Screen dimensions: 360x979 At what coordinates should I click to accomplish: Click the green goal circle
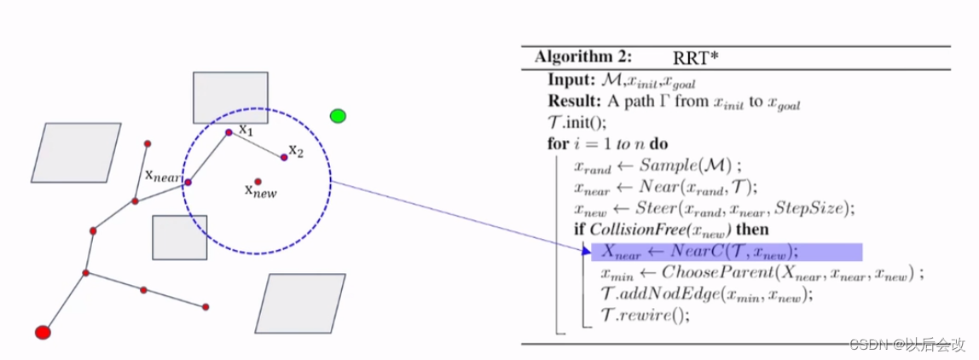tap(338, 115)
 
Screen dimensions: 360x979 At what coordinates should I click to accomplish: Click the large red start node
tap(43, 332)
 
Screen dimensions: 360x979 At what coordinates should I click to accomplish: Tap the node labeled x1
tap(229, 132)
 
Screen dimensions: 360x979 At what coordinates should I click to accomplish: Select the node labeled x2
tap(284, 157)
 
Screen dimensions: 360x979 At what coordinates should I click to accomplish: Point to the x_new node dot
tap(258, 181)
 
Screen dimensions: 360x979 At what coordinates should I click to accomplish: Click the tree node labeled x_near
tap(188, 182)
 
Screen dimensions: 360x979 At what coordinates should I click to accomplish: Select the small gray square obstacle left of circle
tap(179, 237)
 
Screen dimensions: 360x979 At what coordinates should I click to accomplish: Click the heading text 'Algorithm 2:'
tap(584, 57)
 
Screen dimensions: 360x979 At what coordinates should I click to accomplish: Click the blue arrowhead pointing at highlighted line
tap(586, 250)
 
